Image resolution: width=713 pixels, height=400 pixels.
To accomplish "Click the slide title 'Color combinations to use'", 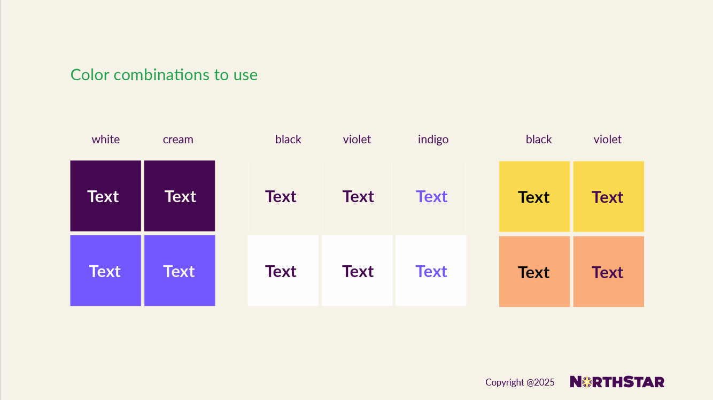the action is pyautogui.click(x=164, y=75).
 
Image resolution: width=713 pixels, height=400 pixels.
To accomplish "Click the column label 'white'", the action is pyautogui.click(x=106, y=140).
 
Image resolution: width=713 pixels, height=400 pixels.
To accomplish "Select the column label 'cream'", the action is pyautogui.click(x=178, y=140).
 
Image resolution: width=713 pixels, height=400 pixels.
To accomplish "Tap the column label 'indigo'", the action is pyautogui.click(x=433, y=140).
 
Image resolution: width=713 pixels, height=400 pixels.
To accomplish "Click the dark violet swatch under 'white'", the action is pyautogui.click(x=106, y=196).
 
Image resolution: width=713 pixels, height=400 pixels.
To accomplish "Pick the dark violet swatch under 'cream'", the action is pyautogui.click(x=180, y=196).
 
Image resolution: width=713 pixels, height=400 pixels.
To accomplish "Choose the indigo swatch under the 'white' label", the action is pyautogui.click(x=106, y=271).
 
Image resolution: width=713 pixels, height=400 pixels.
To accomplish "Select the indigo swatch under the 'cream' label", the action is pyautogui.click(x=180, y=271).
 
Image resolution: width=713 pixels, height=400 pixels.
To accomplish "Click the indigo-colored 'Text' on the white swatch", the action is pyautogui.click(x=431, y=271).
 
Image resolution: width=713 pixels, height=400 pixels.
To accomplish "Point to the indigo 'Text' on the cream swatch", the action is pyautogui.click(x=432, y=196).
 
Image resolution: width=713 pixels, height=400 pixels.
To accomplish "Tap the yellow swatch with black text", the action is pyautogui.click(x=534, y=196).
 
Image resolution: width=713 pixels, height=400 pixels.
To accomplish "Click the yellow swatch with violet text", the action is pyautogui.click(x=609, y=196).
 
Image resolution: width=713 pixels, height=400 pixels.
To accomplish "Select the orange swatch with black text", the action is pyautogui.click(x=534, y=272).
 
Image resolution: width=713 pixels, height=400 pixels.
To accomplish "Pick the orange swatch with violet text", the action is pyautogui.click(x=609, y=272).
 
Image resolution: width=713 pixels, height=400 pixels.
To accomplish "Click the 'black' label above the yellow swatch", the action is pyautogui.click(x=539, y=140).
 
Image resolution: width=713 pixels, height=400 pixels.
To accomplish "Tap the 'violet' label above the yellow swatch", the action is pyautogui.click(x=607, y=140).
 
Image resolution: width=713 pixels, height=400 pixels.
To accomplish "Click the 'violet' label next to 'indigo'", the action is pyautogui.click(x=357, y=140).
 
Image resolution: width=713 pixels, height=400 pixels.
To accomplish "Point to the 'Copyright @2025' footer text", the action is pyautogui.click(x=520, y=382).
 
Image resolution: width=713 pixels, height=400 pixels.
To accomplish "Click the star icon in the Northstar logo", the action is pyautogui.click(x=587, y=382).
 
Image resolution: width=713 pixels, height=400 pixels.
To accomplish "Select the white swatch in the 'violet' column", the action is pyautogui.click(x=357, y=271).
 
